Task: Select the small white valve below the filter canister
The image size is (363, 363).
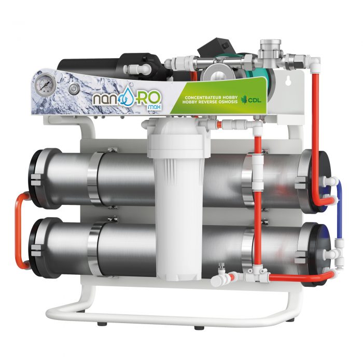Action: tap(222, 274)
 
